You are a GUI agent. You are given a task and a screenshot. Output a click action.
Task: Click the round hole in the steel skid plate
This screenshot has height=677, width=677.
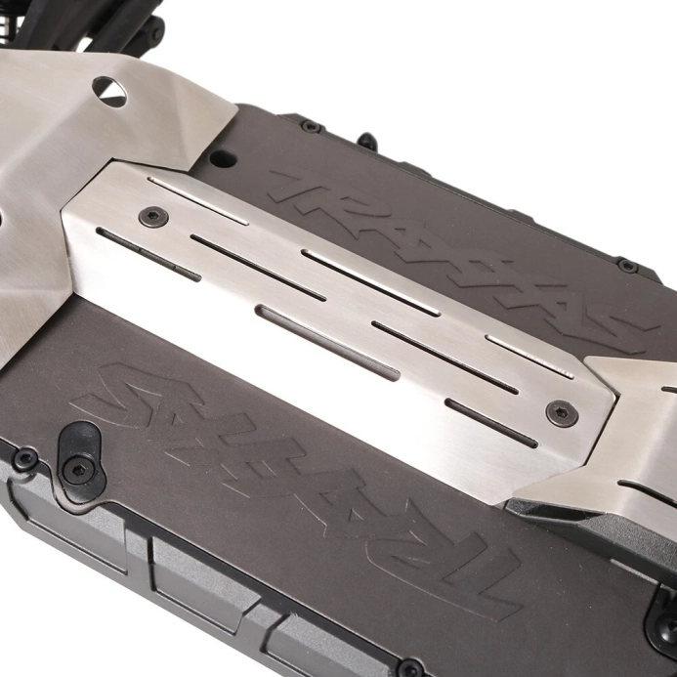109,91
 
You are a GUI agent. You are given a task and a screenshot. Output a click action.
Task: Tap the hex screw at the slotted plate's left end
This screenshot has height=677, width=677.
153,215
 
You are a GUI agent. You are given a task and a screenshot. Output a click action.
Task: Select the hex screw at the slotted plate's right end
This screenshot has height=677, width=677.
562,413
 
